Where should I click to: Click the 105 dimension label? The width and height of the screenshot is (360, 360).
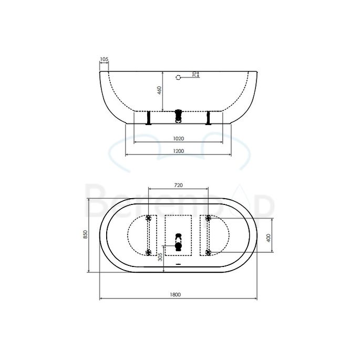point(104,59)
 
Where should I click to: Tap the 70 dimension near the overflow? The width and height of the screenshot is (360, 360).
point(194,75)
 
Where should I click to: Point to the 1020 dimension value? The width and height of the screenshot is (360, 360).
point(178,139)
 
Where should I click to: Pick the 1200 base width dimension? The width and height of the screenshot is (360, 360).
point(178,151)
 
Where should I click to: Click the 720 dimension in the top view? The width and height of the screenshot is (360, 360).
point(178,185)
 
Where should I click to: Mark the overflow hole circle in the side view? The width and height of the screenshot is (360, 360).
point(178,77)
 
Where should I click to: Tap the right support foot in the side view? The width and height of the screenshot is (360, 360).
point(209,118)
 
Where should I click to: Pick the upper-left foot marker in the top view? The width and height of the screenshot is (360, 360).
point(149,218)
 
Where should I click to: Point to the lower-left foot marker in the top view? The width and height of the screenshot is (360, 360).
point(149,253)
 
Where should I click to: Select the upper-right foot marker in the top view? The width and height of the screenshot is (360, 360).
point(209,218)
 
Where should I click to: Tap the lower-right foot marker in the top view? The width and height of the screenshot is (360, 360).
point(209,253)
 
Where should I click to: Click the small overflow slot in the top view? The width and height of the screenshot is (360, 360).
point(178,264)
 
